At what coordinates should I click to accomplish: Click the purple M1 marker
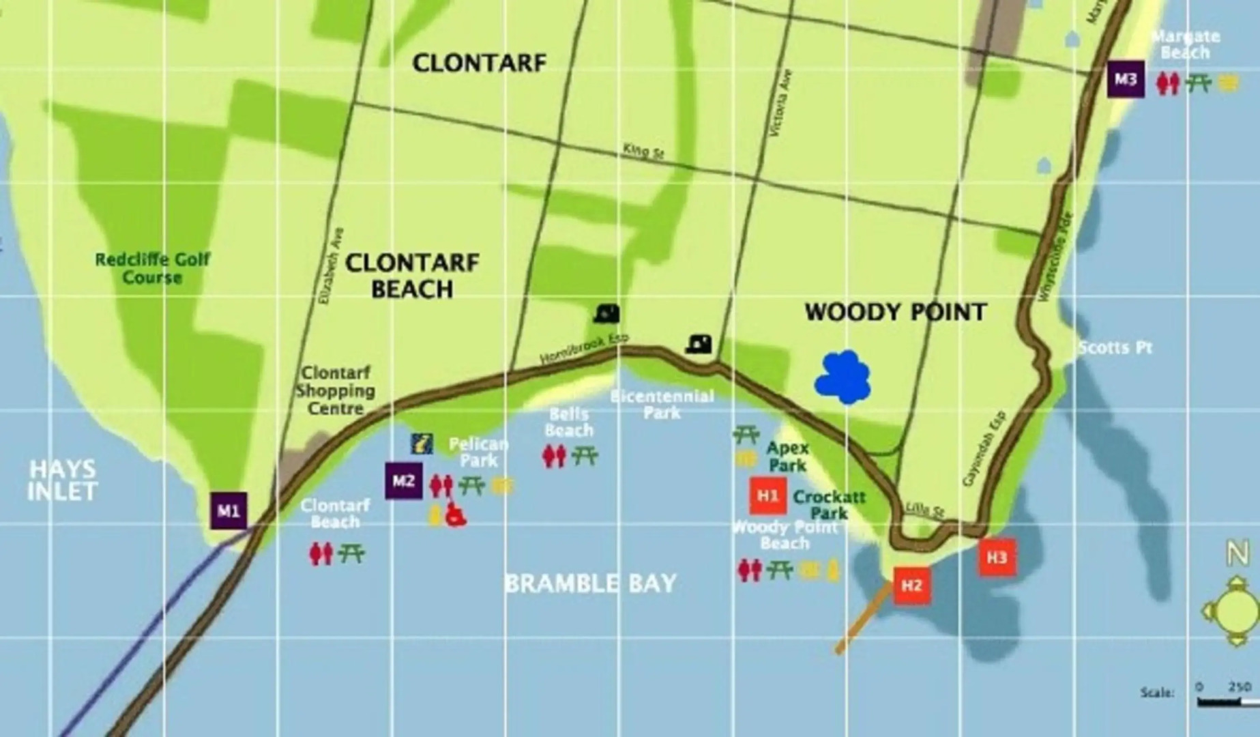click(229, 510)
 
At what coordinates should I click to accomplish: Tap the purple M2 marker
click(403, 481)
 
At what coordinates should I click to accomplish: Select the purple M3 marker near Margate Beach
click(1126, 79)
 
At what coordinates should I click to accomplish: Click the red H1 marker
click(768, 495)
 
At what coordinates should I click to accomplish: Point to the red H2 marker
click(912, 586)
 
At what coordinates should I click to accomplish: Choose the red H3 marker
click(997, 558)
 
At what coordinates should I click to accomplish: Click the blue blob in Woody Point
click(843, 377)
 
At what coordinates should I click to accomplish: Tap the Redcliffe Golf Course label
click(152, 268)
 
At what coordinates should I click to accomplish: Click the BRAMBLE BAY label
click(590, 583)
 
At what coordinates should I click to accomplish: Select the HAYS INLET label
click(62, 480)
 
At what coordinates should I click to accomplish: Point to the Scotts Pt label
click(1115, 348)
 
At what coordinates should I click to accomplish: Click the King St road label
click(643, 152)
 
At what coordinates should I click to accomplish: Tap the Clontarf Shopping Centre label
click(335, 391)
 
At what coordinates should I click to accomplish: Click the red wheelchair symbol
click(455, 515)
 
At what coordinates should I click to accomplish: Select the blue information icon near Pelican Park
click(422, 444)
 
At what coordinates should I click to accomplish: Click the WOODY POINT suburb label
click(895, 313)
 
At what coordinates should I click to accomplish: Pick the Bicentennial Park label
click(662, 405)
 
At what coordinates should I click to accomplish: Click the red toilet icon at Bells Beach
click(554, 456)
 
